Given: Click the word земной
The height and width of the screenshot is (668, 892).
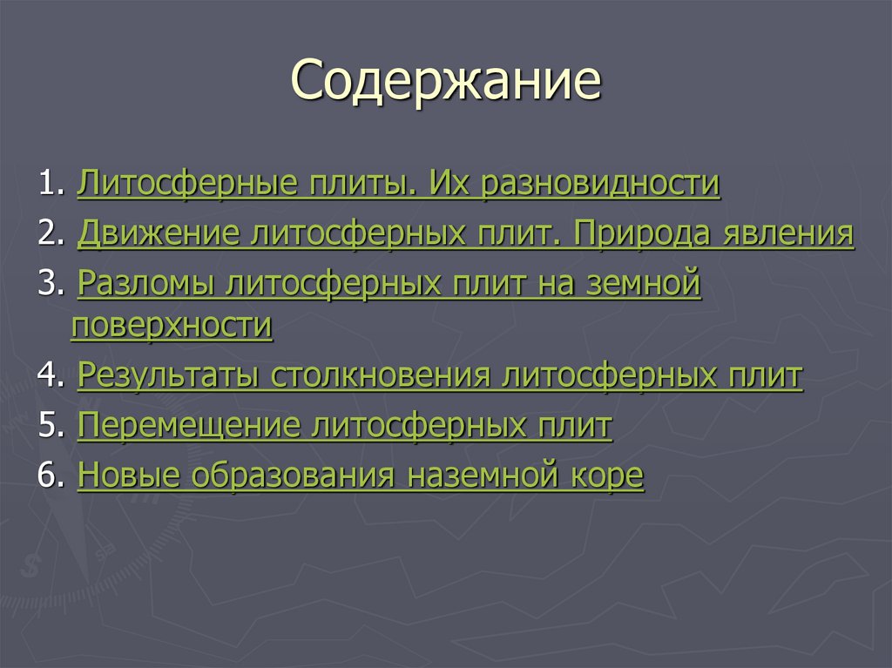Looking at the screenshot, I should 645,284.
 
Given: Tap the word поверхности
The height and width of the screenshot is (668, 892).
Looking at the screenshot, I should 172,327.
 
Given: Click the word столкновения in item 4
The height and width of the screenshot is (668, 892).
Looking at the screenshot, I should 381,376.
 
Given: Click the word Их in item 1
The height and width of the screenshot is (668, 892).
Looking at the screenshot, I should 445,184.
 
